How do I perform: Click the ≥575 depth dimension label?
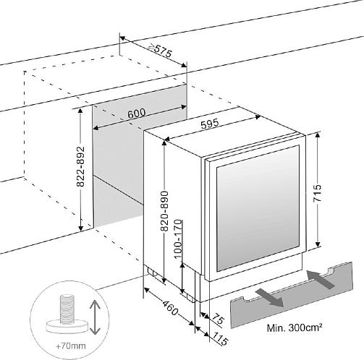tap(161, 50)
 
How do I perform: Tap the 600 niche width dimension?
tap(137, 113)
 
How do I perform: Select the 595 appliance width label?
tap(210, 124)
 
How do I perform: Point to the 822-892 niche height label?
tap(81, 166)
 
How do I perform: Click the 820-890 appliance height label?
tap(164, 211)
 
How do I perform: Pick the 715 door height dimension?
tap(317, 193)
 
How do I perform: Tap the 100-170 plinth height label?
tap(178, 239)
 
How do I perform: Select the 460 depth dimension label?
tap(170, 308)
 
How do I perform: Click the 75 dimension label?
tap(218, 320)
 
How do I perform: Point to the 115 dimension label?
tap(219, 338)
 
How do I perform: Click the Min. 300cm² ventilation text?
tap(295, 327)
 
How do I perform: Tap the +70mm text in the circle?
tap(71, 346)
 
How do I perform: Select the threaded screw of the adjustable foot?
tap(67, 309)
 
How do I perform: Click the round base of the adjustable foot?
tap(67, 326)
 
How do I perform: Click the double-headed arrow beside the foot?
tap(95, 317)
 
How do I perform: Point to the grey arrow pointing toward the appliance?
tap(321, 279)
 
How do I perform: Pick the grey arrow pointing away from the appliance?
tap(269, 298)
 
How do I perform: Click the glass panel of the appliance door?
tap(258, 208)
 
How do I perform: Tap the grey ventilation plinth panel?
tap(292, 295)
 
